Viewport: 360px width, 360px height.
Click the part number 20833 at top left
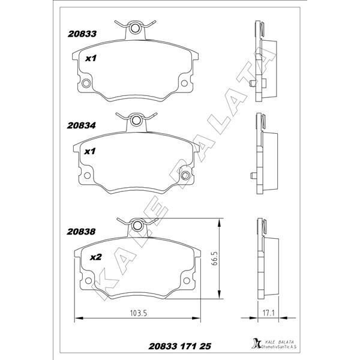point(82,35)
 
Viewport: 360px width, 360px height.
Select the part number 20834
point(82,127)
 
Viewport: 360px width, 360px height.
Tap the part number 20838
point(82,230)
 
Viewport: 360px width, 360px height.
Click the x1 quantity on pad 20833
point(91,58)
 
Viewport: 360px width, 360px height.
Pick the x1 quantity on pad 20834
point(91,151)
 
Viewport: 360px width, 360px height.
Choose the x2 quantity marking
point(94,257)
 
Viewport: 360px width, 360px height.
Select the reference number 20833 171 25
point(178,347)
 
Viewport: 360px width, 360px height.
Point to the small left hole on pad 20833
point(86,83)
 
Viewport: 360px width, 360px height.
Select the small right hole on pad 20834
point(187,176)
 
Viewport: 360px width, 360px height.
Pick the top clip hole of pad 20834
point(137,122)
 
